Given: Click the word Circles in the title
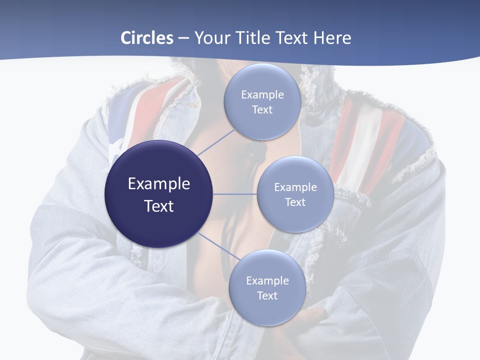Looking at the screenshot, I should pyautogui.click(x=146, y=38).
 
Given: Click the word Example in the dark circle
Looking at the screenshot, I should pyautogui.click(x=159, y=184).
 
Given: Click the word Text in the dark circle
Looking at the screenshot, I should pyautogui.click(x=159, y=206).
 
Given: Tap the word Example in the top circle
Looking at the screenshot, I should pyautogui.click(x=262, y=95).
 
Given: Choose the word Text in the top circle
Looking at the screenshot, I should pyautogui.click(x=262, y=110).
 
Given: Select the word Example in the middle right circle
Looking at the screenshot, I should pyautogui.click(x=295, y=187).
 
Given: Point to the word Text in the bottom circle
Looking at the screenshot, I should pyautogui.click(x=267, y=296).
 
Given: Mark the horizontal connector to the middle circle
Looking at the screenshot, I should pyautogui.click(x=234, y=194).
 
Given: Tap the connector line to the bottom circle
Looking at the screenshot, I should pyautogui.click(x=218, y=245).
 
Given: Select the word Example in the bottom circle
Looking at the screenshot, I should pyautogui.click(x=267, y=281).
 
